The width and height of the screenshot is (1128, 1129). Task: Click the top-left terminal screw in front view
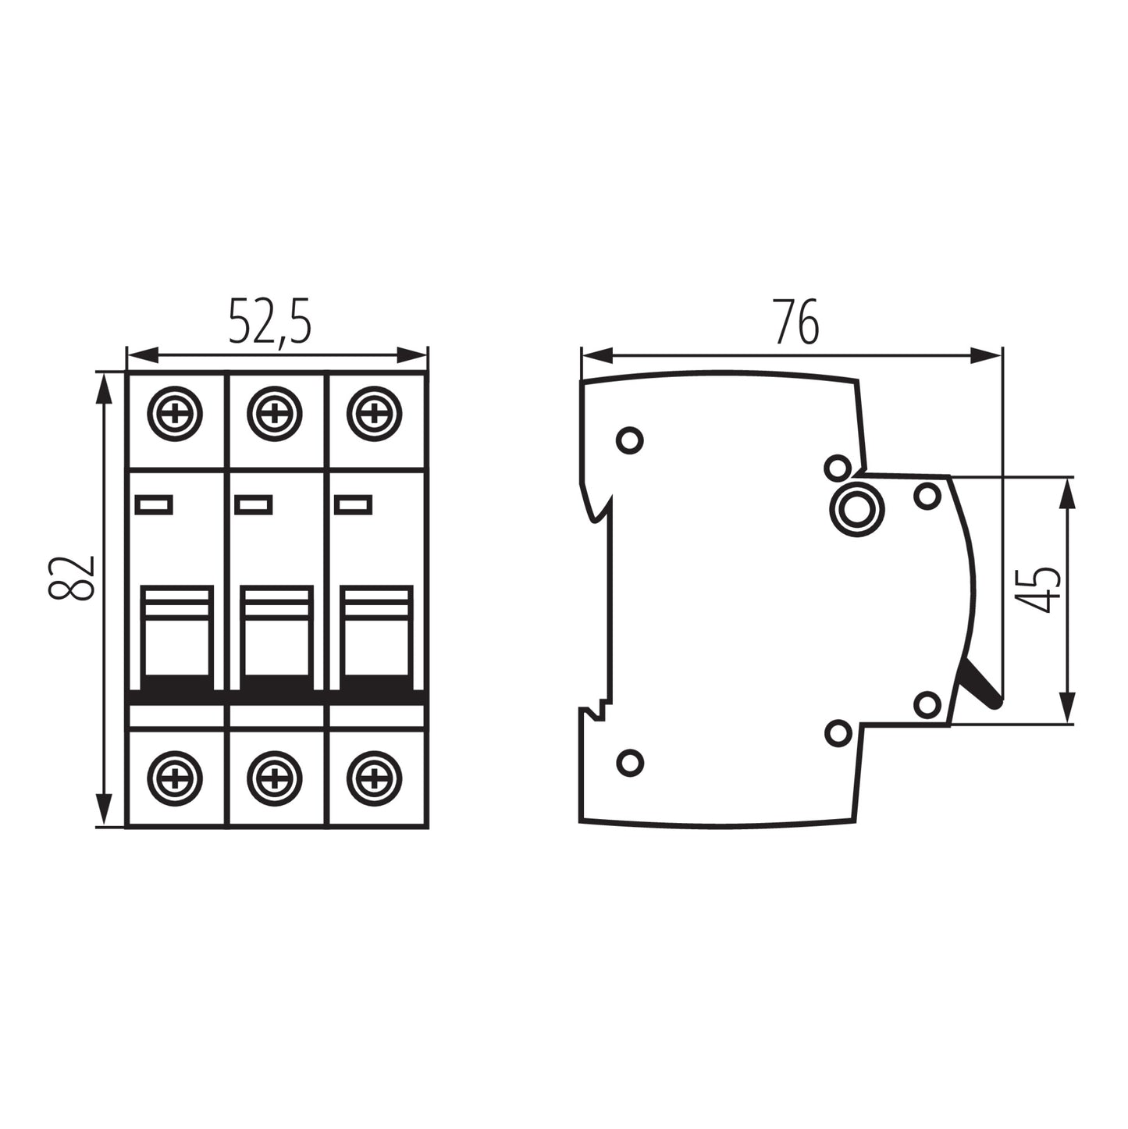coord(176,413)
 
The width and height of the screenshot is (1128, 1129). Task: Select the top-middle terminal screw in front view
coord(275,413)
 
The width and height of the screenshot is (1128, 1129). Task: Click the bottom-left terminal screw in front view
coord(176,778)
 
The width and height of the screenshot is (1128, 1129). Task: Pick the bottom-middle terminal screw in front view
coord(275,778)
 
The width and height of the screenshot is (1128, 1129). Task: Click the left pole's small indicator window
coord(154,505)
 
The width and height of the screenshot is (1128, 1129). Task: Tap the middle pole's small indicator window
coord(254,505)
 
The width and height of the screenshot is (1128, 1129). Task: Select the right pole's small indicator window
coord(353,505)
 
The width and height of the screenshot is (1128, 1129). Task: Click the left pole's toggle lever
coord(177,636)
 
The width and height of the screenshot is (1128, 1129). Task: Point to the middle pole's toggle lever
coord(276,636)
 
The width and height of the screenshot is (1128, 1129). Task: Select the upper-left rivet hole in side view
coord(629,440)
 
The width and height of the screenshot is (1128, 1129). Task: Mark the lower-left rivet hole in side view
coord(629,762)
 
